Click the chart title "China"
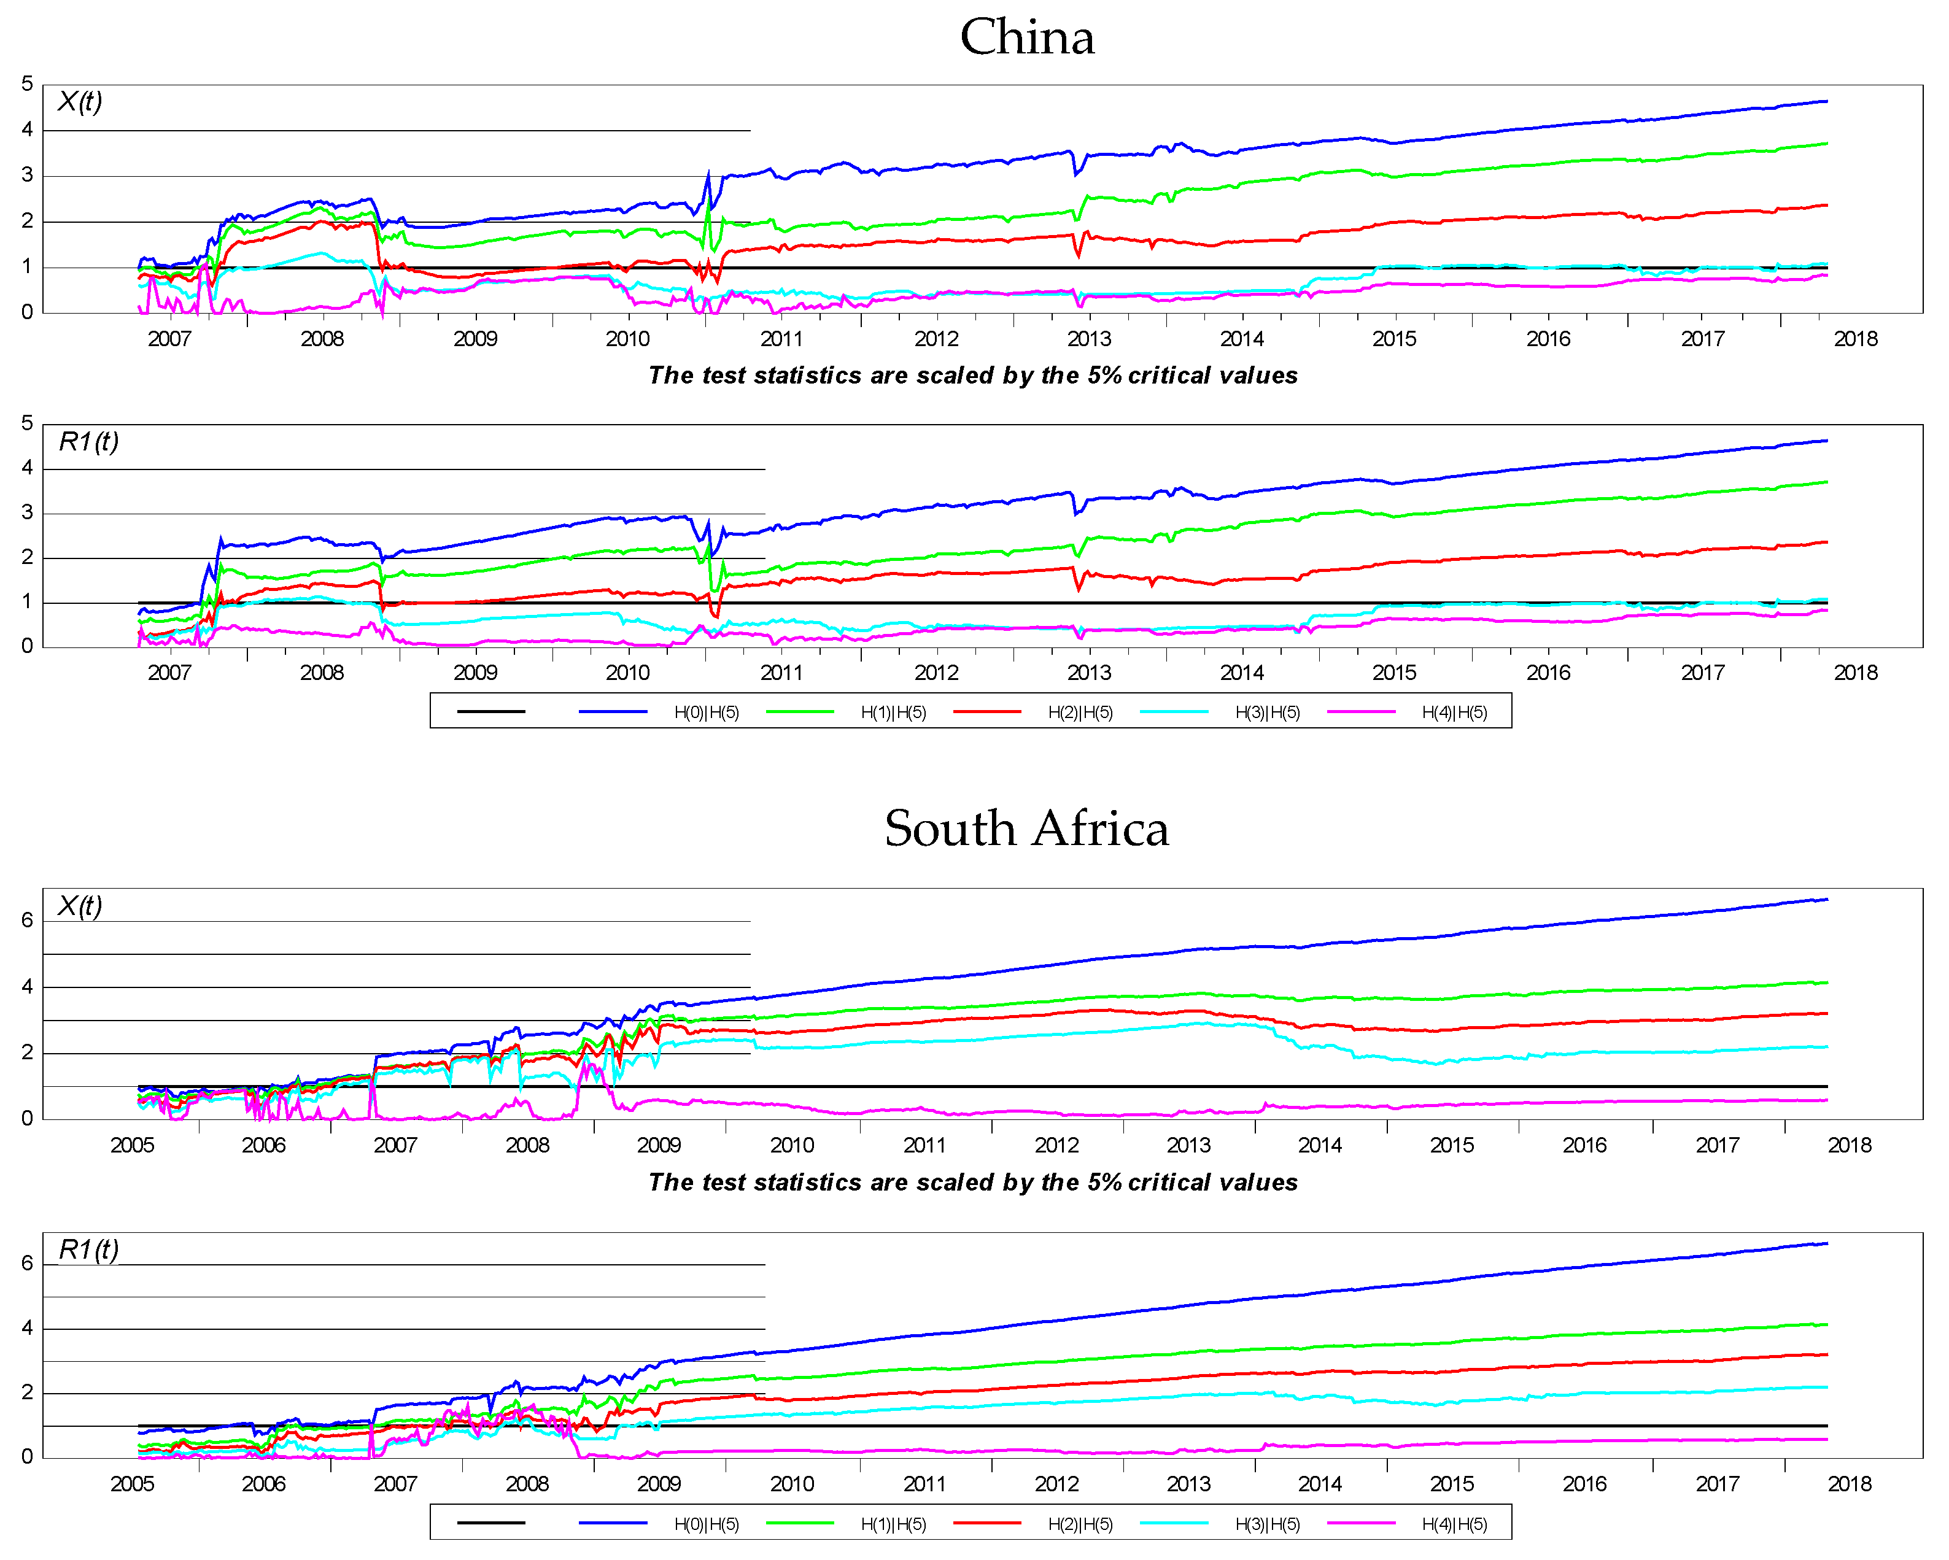pyautogui.click(x=1027, y=38)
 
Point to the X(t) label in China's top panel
pyautogui.click(x=80, y=101)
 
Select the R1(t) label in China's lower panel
pyautogui.click(x=88, y=442)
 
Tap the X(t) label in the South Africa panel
pyautogui.click(x=80, y=906)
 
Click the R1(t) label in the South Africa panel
pyautogui.click(x=88, y=1250)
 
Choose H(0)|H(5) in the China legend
pyautogui.click(x=706, y=712)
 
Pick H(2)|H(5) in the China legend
pyautogui.click(x=1080, y=712)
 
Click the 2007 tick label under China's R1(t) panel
pyautogui.click(x=169, y=673)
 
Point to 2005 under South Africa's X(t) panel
pyautogui.click(x=132, y=1145)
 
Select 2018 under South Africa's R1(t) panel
pyautogui.click(x=1850, y=1484)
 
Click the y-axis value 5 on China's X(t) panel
pyautogui.click(x=27, y=84)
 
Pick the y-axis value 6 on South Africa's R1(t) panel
pyautogui.click(x=27, y=1264)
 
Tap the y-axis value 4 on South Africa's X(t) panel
pyautogui.click(x=27, y=987)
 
